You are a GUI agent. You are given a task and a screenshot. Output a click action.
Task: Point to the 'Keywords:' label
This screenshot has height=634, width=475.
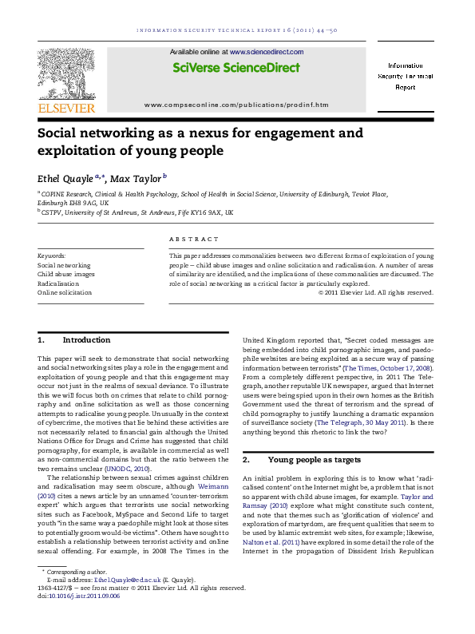coord(52,254)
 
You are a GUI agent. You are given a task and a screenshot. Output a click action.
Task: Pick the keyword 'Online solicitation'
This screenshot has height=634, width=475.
coord(65,292)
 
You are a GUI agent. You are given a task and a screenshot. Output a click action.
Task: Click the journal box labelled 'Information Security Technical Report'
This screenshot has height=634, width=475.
coord(411,75)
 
